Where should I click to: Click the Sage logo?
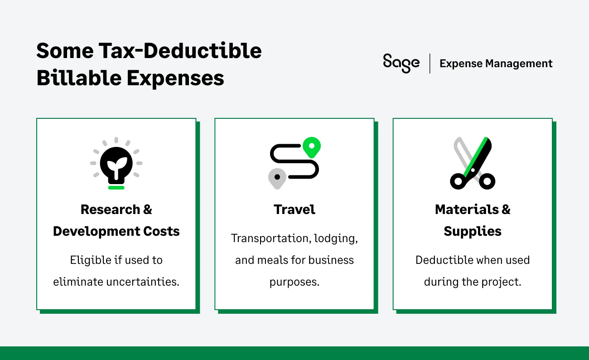click(x=401, y=63)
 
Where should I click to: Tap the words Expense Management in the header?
click(x=496, y=63)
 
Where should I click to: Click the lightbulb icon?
click(x=116, y=162)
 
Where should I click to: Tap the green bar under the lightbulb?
click(x=116, y=187)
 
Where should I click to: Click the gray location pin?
click(x=277, y=178)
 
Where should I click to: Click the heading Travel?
click(x=294, y=209)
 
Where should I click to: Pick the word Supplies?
click(x=473, y=231)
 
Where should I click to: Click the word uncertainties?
click(x=144, y=282)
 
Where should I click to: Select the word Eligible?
click(x=87, y=260)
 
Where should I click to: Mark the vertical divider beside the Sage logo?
click(x=430, y=63)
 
